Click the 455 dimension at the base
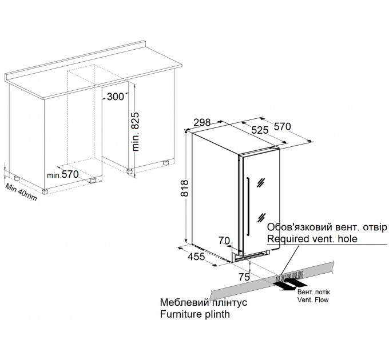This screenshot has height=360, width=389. (x=196, y=257)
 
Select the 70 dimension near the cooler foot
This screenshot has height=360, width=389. (x=224, y=240)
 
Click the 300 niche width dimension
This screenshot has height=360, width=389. (x=116, y=97)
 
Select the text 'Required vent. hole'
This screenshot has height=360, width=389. (x=312, y=239)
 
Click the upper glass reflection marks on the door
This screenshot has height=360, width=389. (x=261, y=182)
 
